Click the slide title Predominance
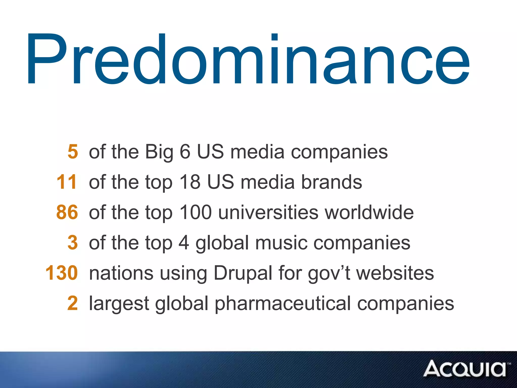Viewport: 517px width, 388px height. click(249, 59)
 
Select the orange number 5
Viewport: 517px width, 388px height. click(73, 152)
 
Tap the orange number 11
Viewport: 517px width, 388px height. click(67, 182)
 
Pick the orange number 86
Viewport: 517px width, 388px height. click(67, 212)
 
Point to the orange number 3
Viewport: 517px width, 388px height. click(73, 243)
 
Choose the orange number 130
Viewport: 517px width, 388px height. click(62, 273)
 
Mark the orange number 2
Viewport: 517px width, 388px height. click(73, 303)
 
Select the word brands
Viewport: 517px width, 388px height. click(332, 182)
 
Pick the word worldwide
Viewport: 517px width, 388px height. click(369, 212)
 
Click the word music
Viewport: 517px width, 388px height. click(281, 243)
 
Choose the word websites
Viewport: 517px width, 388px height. click(395, 273)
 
